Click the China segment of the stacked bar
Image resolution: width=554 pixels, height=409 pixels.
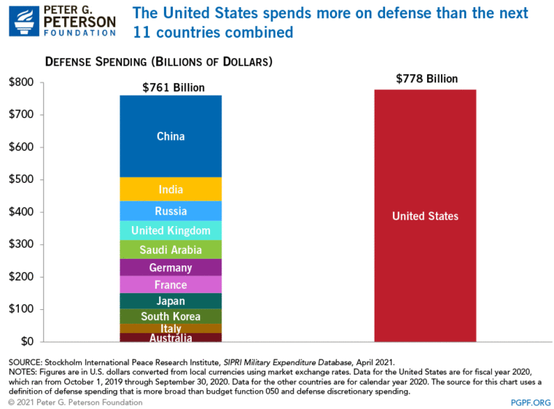click(171, 136)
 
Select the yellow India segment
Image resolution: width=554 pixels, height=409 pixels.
click(171, 190)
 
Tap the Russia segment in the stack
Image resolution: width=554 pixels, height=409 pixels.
click(171, 211)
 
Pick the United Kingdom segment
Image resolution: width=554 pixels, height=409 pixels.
click(171, 231)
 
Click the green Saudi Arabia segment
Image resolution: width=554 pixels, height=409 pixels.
click(171, 250)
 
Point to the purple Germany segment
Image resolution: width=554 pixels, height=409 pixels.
click(171, 268)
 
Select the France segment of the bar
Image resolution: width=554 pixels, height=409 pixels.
click(171, 285)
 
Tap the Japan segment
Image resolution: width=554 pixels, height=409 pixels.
click(171, 301)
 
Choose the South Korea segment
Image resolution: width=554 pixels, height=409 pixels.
click(171, 316)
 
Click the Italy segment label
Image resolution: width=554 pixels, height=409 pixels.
click(171, 329)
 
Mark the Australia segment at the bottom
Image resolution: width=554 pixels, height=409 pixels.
click(171, 338)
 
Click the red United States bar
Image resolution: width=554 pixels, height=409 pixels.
click(425, 216)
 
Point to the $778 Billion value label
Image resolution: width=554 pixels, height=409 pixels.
click(425, 78)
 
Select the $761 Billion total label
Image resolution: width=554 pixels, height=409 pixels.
click(173, 87)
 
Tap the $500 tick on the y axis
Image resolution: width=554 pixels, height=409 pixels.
click(22, 179)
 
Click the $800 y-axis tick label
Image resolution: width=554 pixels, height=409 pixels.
click(22, 82)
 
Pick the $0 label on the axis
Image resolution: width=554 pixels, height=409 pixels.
click(28, 341)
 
